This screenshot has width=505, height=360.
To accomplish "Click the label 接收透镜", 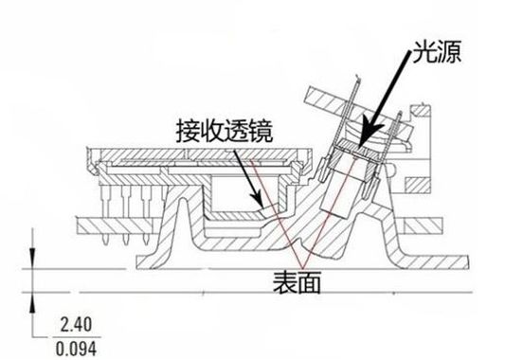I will point(224,131).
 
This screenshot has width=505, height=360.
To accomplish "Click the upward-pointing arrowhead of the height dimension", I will point(34,296).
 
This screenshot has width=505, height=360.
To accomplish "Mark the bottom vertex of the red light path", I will point(299,266).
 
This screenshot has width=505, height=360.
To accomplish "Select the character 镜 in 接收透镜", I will point(262,131).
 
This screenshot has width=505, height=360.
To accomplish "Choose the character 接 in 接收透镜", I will point(186,131).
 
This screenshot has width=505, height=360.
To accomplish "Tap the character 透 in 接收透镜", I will point(237,131).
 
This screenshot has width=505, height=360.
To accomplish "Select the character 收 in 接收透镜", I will point(211,131).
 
